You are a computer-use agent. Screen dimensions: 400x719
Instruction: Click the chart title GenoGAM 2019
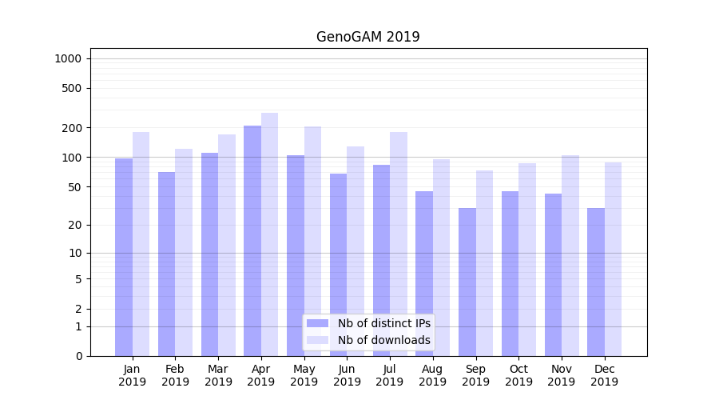(367, 37)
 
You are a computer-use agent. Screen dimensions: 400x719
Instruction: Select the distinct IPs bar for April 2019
(252, 240)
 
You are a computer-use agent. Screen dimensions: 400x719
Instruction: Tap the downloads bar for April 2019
(269, 234)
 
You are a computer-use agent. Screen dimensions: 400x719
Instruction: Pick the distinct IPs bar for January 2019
(124, 256)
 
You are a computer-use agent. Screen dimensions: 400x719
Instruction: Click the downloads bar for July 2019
(399, 244)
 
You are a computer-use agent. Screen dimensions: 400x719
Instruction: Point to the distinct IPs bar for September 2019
(467, 282)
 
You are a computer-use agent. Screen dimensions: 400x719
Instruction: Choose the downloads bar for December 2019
(614, 258)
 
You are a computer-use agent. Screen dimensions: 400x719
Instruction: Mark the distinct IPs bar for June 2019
(339, 264)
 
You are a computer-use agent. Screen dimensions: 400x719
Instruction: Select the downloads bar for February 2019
(184, 252)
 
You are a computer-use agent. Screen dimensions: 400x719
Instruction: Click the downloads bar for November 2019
(570, 255)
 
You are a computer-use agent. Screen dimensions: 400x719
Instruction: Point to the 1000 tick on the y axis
(68, 58)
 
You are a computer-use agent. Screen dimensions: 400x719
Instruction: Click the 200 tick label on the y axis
(72, 128)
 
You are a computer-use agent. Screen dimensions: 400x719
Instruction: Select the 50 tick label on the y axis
(74, 187)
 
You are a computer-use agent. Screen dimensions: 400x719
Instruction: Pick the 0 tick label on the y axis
(78, 356)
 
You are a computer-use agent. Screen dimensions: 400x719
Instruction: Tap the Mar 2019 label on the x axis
(218, 375)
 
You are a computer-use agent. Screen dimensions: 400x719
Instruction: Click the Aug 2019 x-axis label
(433, 375)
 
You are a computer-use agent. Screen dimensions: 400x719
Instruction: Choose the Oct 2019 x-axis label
(518, 375)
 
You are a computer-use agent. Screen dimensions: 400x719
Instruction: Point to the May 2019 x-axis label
(304, 375)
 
